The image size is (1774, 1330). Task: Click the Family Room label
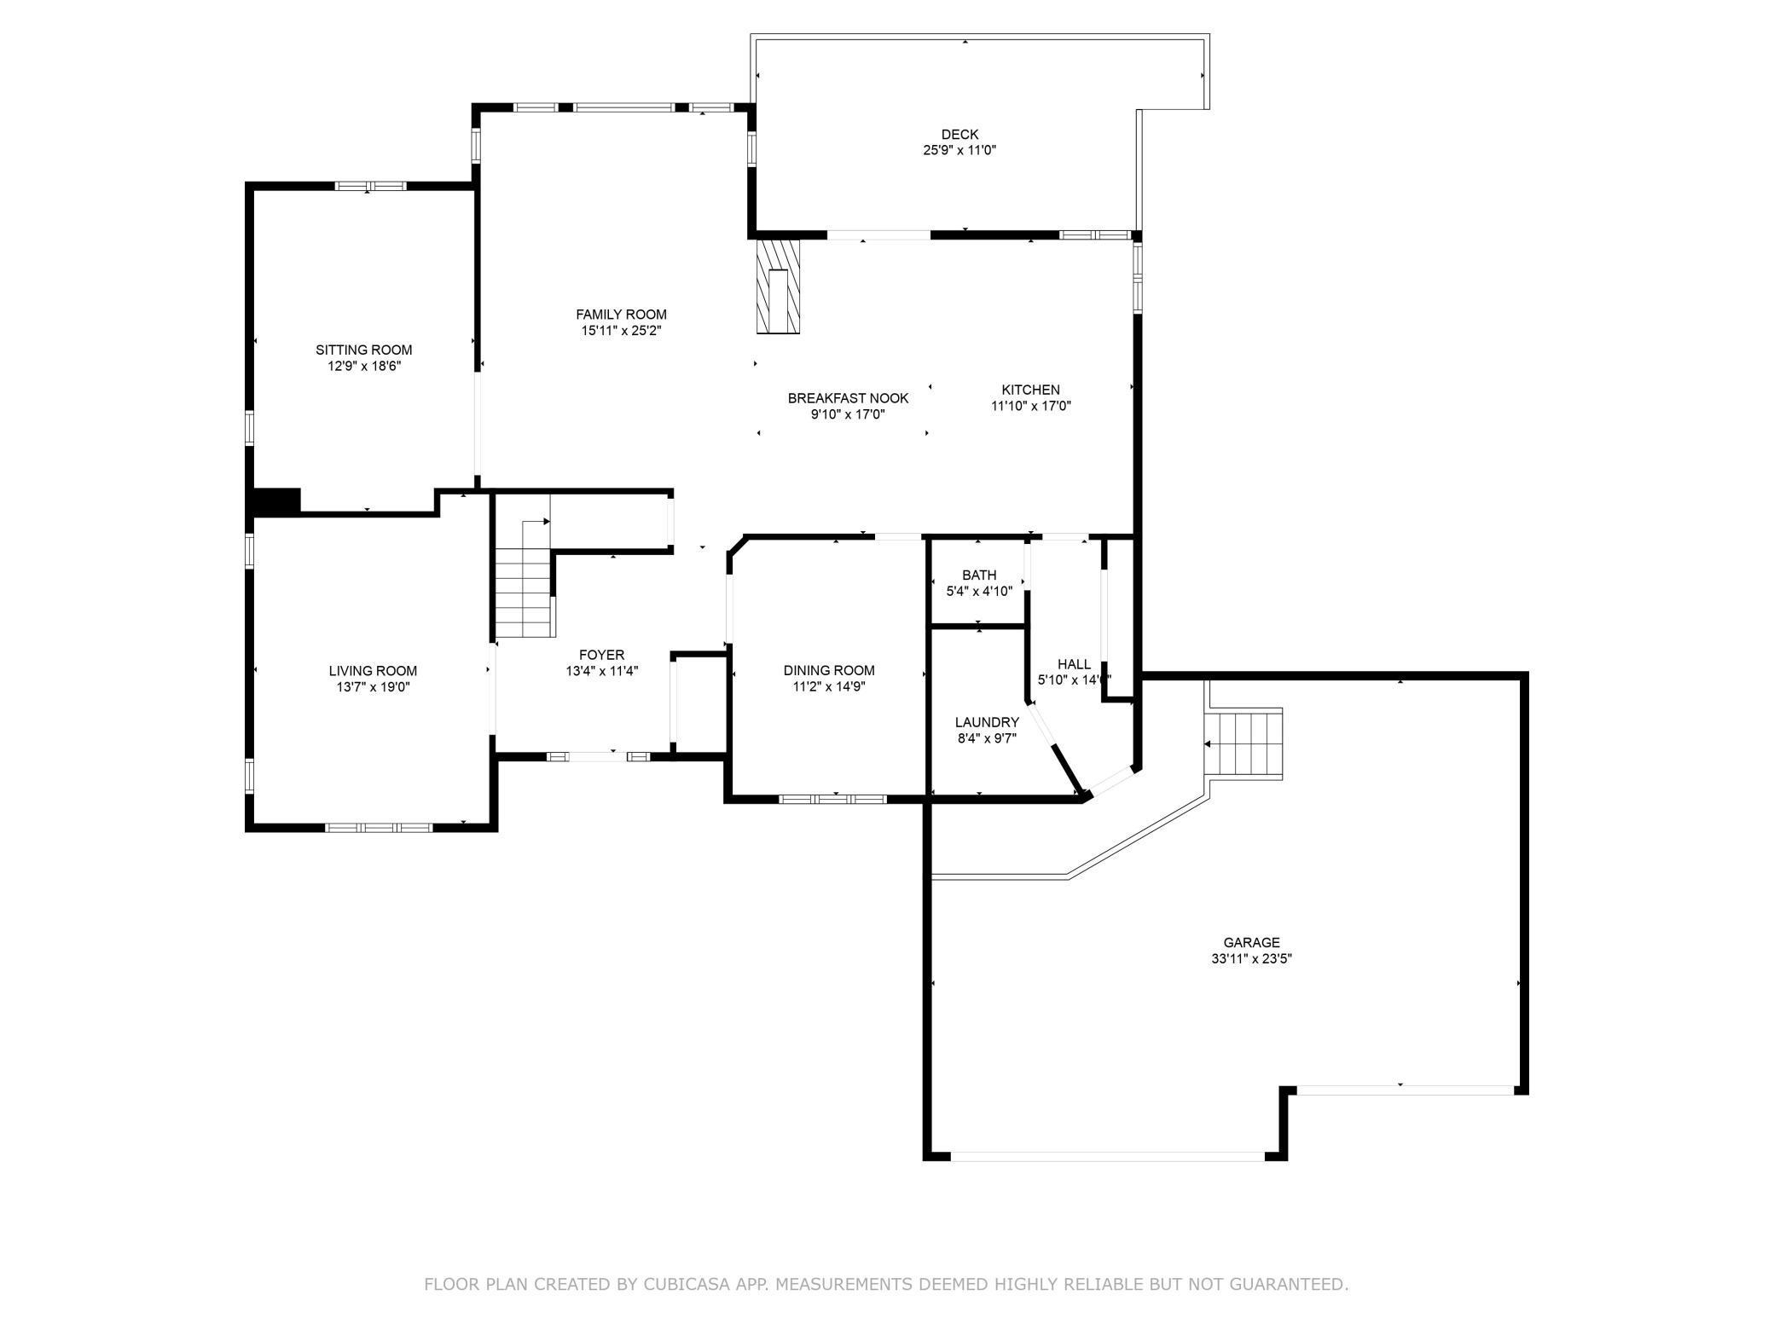(x=621, y=315)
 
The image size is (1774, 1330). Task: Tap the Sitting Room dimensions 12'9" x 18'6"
(x=364, y=366)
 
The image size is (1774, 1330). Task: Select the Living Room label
(x=373, y=671)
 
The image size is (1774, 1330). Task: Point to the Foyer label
(x=601, y=655)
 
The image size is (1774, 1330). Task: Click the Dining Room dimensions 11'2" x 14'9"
(x=829, y=686)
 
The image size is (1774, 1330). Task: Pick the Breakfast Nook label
(x=848, y=398)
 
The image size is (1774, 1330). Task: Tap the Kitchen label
(x=1030, y=390)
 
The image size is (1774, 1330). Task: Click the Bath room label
(x=979, y=575)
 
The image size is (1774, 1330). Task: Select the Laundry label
(x=987, y=722)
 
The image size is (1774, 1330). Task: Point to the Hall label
(x=1074, y=664)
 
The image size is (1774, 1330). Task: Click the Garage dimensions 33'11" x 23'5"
(x=1251, y=958)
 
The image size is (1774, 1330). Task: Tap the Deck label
(x=959, y=134)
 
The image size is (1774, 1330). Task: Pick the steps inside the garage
(x=1244, y=743)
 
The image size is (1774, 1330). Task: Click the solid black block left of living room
(x=274, y=501)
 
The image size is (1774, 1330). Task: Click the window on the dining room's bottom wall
(x=833, y=799)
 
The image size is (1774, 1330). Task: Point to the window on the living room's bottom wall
(x=379, y=826)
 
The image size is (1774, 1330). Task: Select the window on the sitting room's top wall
(x=370, y=186)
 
